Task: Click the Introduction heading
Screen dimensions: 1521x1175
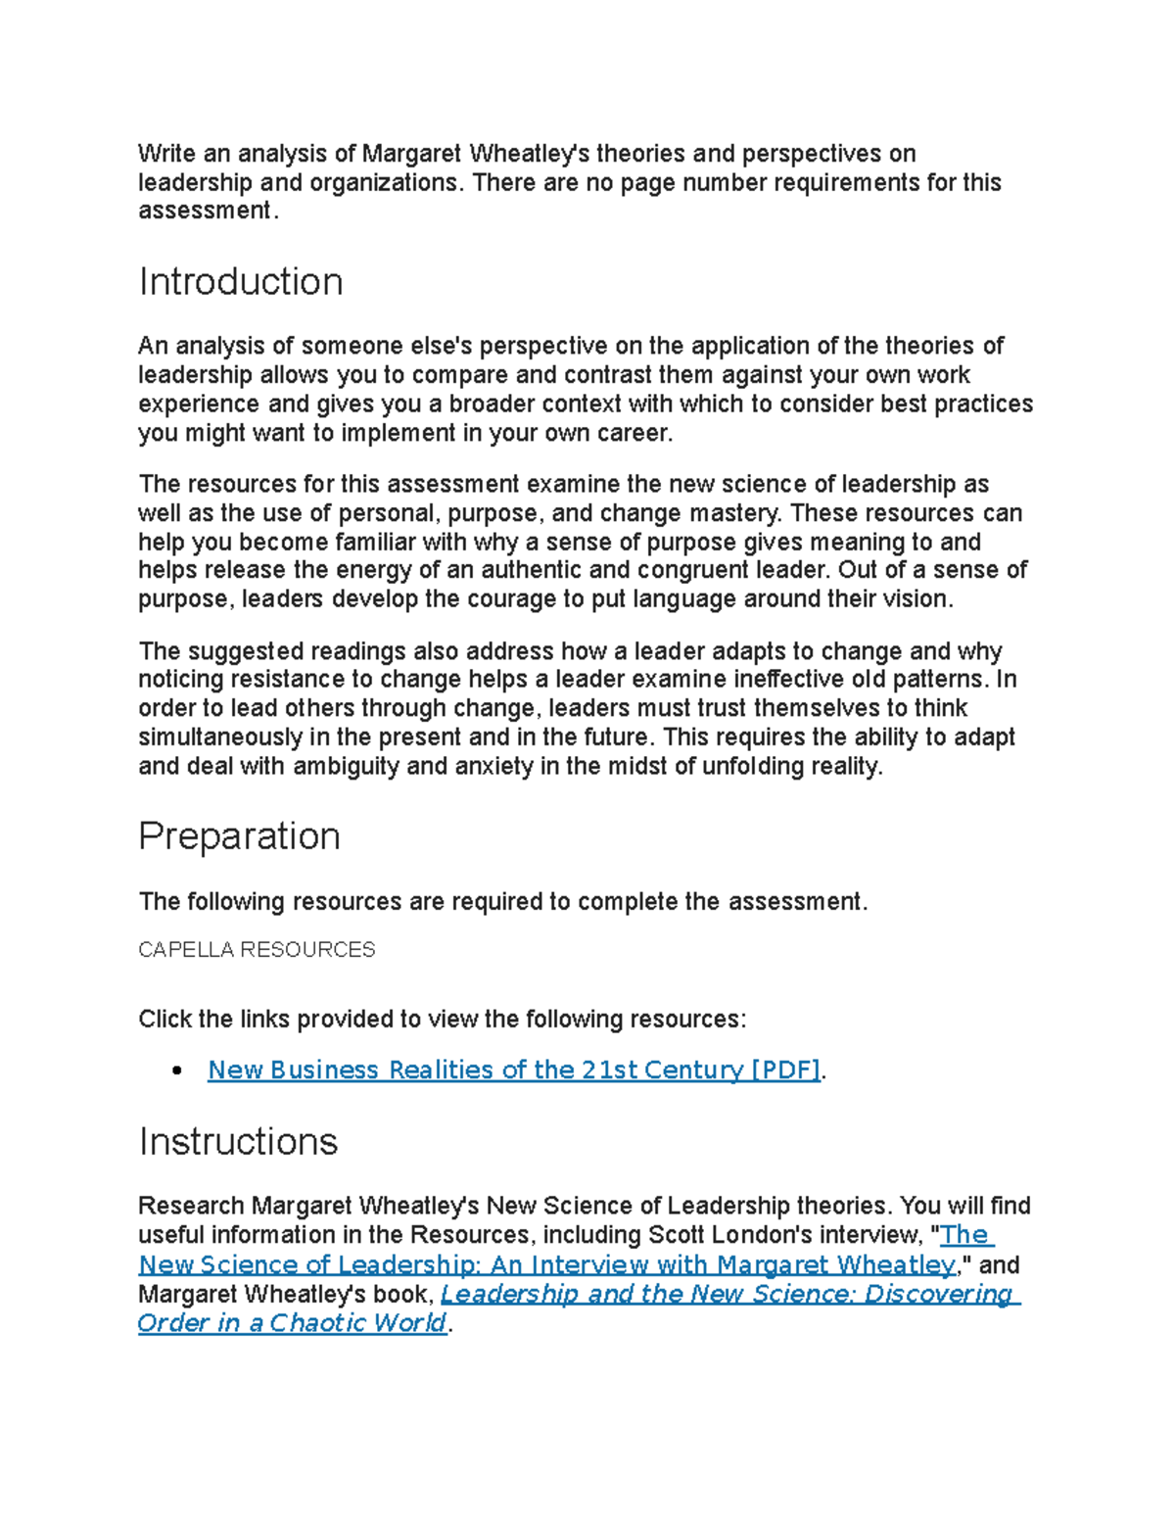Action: pyautogui.click(x=241, y=282)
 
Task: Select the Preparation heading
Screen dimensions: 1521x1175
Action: pyautogui.click(x=239, y=836)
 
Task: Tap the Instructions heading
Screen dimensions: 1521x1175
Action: pyautogui.click(x=238, y=1142)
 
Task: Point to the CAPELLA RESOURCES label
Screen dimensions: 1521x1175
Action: pyautogui.click(x=257, y=950)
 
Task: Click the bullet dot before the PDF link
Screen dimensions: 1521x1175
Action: pyautogui.click(x=177, y=1071)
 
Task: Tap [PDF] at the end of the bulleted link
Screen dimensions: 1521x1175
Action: pyautogui.click(x=785, y=1070)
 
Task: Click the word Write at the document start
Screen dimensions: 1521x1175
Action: pyautogui.click(x=166, y=154)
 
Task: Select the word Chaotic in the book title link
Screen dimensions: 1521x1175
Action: pyautogui.click(x=315, y=1323)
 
